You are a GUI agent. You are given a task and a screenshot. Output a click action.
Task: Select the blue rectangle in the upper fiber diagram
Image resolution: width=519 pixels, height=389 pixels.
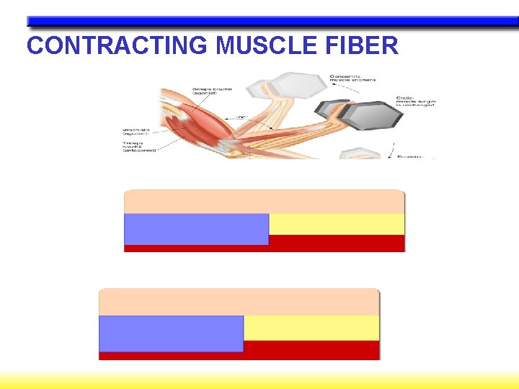tap(196, 229)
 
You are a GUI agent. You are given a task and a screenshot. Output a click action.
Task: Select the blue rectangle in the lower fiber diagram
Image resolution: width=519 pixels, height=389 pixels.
tap(171, 333)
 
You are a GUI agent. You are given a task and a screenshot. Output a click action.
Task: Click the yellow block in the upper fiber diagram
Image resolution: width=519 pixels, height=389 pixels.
tap(337, 224)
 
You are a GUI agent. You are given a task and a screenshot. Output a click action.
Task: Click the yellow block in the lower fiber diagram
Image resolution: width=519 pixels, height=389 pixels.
tap(311, 328)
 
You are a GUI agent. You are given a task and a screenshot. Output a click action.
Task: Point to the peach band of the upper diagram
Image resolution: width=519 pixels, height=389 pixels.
tap(265, 202)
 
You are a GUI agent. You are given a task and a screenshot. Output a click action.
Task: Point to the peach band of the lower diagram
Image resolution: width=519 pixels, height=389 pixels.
tap(239, 302)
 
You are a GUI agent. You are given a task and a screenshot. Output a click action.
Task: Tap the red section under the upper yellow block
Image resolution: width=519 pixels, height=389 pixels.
tap(337, 243)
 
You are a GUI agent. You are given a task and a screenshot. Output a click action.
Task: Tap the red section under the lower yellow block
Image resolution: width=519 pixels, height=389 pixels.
tap(311, 349)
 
